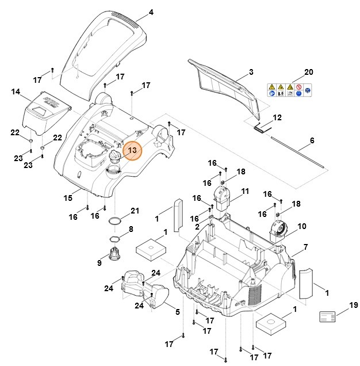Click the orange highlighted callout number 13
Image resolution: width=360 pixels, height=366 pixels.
pos(132,151)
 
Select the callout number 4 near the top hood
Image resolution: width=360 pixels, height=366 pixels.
pos(151,12)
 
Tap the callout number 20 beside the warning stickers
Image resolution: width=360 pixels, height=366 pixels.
pos(309,72)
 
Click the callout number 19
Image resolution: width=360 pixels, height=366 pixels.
pos(353,305)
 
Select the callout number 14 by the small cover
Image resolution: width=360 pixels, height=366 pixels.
pos(16,91)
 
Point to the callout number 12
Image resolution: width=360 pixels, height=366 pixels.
pos(277,117)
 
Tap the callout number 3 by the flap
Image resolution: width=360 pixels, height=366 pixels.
pos(251,72)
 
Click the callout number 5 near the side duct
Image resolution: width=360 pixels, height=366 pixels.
pos(177,311)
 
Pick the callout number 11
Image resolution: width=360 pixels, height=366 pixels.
pos(245,191)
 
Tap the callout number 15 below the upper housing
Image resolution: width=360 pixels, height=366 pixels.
pos(68,198)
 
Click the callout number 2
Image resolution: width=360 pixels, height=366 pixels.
pos(197,227)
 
